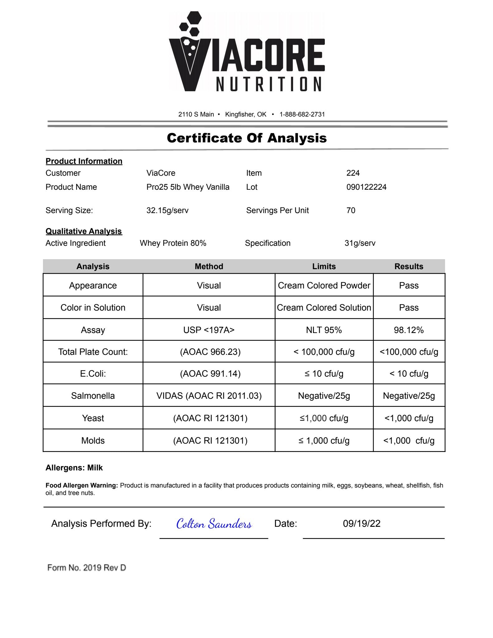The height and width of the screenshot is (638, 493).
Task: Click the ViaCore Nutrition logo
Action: pyautogui.click(x=247, y=52)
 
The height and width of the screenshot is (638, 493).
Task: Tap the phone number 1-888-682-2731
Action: pyautogui.click(x=302, y=114)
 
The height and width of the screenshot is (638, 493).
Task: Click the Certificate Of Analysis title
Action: pyautogui.click(x=247, y=138)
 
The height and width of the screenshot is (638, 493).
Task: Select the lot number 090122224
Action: pyautogui.click(x=366, y=187)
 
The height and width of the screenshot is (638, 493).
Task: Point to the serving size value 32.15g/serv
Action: pyautogui.click(x=167, y=210)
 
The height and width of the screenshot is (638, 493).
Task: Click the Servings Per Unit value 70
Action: pyautogui.click(x=351, y=210)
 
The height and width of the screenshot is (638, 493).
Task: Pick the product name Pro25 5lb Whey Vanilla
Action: pyautogui.click(x=188, y=187)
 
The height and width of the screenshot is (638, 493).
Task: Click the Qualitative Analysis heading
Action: pyautogui.click(x=84, y=231)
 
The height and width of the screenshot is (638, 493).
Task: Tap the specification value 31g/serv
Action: pyautogui.click(x=360, y=243)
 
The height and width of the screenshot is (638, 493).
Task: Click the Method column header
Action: pyautogui.click(x=209, y=266)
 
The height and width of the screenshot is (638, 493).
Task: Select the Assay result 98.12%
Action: pyautogui.click(x=409, y=330)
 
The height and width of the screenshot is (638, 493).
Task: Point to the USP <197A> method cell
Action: pyautogui.click(x=209, y=330)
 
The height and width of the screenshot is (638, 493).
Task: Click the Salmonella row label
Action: pyautogui.click(x=93, y=396)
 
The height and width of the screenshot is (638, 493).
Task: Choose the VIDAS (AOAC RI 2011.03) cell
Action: pyautogui.click(x=209, y=396)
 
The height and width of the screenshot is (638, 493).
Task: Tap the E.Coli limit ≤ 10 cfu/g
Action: pyautogui.click(x=324, y=374)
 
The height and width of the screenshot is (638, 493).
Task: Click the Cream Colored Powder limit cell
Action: pyautogui.click(x=324, y=285)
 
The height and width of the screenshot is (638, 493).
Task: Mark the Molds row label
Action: pyautogui.click(x=93, y=440)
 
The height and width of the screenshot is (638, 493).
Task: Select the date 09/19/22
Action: pyautogui.click(x=362, y=523)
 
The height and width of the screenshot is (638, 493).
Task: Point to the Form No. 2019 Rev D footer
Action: pyautogui.click(x=87, y=568)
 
